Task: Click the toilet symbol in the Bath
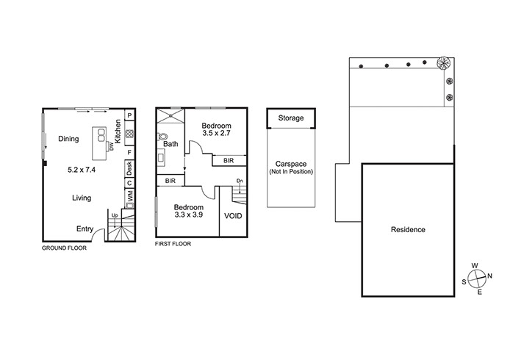[x=162, y=137]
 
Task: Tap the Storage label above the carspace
[x=291, y=118]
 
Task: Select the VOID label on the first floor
[x=233, y=215]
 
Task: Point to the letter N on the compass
[x=490, y=276]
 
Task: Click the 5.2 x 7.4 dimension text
[x=82, y=170]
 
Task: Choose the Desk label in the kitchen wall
[x=129, y=168]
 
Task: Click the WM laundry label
[x=129, y=196]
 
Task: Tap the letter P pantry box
[x=129, y=115]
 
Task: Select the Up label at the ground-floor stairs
[x=115, y=215]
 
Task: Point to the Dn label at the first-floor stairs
[x=240, y=181]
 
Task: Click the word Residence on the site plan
[x=408, y=230]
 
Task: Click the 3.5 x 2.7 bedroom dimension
[x=216, y=133]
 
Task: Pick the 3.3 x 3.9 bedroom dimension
[x=189, y=215]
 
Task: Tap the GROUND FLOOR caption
[x=65, y=248]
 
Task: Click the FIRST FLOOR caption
[x=173, y=244]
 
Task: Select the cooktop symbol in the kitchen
[x=129, y=133]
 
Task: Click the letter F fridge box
[x=129, y=152]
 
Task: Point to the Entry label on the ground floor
[x=85, y=229]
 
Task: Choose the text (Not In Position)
[x=291, y=171]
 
